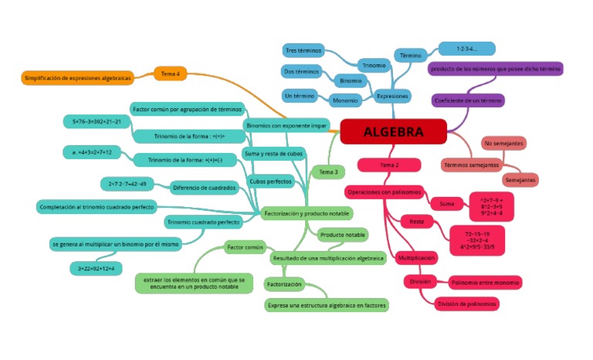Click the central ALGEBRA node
coord(393,131)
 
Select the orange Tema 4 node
coord(171,73)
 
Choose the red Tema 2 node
coord(389,165)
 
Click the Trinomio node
coord(374,65)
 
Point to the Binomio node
coord(351,80)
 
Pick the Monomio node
coord(344,100)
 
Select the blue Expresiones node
coord(392,97)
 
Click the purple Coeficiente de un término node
coord(469,101)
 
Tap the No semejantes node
coord(504,144)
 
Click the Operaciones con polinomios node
coord(384,191)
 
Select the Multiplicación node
coord(416,257)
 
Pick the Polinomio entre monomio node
coord(485,283)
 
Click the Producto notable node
coord(343,234)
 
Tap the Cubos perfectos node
coord(269,182)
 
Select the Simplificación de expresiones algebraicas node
coord(78,78)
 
